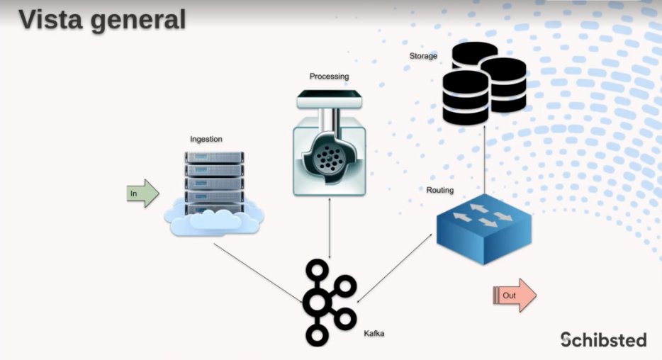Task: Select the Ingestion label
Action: click(206, 139)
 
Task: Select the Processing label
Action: click(329, 76)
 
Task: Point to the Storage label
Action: click(423, 56)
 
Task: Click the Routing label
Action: click(439, 191)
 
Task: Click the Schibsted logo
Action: click(603, 339)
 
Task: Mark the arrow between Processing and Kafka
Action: click(329, 227)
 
